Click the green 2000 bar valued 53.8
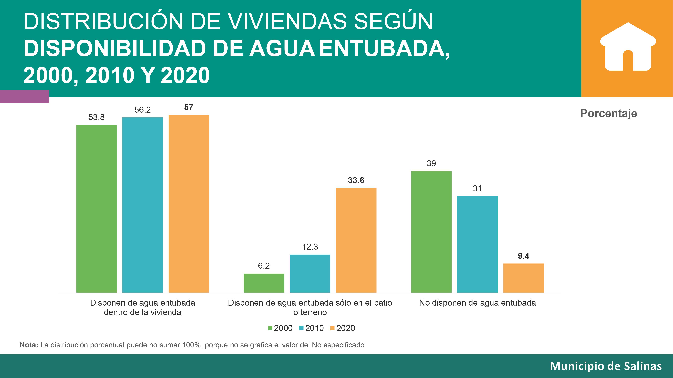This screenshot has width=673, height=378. coord(96,209)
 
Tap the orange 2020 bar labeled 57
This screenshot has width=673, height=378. coord(189,203)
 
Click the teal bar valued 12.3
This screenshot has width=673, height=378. coord(310,273)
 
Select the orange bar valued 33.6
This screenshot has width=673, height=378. coord(356,240)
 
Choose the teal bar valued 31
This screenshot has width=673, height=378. coord(477,244)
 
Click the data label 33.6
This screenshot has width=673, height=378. coord(356,180)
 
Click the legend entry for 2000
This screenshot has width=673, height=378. coord(280,328)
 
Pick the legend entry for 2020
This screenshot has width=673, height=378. coord(343,328)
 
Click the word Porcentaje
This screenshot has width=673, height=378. coord(608,113)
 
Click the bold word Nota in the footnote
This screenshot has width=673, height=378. coord(29,345)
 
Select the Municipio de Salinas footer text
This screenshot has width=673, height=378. coord(606,366)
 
